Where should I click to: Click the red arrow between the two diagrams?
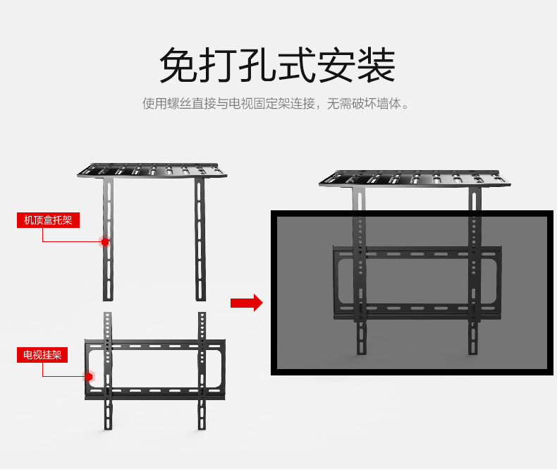click(246, 303)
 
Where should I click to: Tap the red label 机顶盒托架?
click(48, 220)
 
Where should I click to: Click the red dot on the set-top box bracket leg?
click(105, 241)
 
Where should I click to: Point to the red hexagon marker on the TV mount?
click(90, 376)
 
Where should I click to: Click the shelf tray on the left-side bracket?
click(152, 170)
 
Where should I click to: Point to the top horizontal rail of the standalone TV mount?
click(155, 346)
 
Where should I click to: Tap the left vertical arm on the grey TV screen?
click(360, 282)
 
